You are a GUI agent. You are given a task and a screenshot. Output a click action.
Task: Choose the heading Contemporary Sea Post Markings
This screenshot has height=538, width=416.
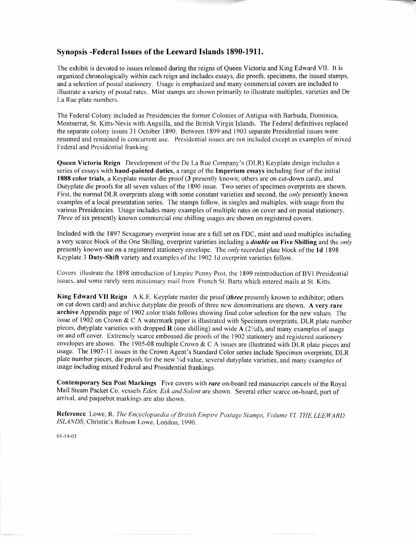point(107,382)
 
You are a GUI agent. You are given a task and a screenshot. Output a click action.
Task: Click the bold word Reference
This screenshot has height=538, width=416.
point(71,415)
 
